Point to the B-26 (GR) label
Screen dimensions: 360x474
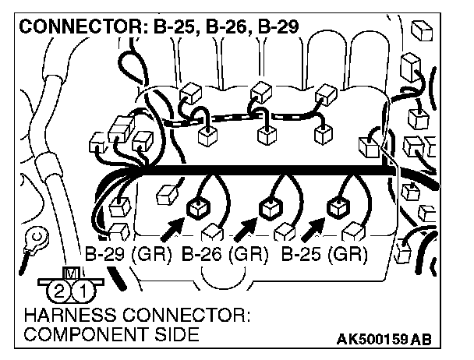pos(225,254)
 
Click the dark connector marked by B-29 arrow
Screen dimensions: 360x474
pos(198,207)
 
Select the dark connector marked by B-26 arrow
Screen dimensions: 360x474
pos(269,207)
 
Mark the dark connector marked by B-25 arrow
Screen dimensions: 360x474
pos(338,207)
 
